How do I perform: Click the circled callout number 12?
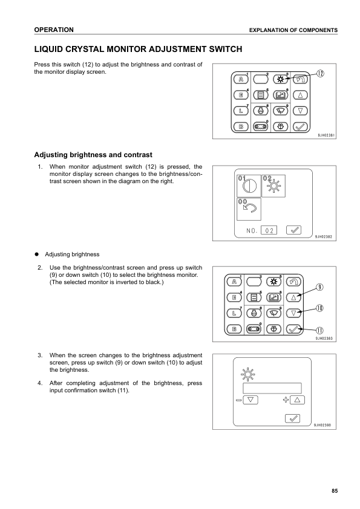tap(320, 73)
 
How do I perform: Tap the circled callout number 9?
tap(319, 287)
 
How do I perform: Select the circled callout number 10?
tap(319, 308)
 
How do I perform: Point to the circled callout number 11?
tap(319, 331)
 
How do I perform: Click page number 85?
tap(335, 491)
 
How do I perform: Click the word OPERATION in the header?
tap(54, 30)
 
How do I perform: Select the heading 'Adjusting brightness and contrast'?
tap(93, 155)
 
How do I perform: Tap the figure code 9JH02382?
tap(323, 236)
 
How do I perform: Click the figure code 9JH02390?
tap(322, 425)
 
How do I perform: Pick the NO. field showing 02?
tap(269, 230)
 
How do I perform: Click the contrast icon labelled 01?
tap(249, 186)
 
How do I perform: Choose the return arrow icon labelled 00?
tap(249, 209)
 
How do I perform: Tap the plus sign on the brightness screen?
tap(286, 400)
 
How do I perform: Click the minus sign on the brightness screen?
tap(239, 400)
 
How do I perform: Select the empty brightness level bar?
tap(272, 388)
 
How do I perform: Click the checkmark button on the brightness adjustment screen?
tap(292, 418)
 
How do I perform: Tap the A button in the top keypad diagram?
tap(241, 79)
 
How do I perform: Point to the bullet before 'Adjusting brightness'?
tap(37, 254)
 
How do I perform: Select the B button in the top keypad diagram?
tap(241, 126)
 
